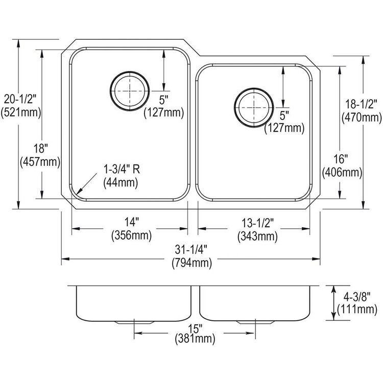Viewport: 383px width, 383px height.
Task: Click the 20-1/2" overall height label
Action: [20, 100]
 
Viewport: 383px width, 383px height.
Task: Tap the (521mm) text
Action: [21, 113]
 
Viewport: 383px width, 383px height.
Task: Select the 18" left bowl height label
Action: [40, 148]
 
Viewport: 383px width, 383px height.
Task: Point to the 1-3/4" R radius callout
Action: [122, 169]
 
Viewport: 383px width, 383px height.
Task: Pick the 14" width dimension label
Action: [132, 222]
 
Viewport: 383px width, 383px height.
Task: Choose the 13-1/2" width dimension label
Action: [258, 223]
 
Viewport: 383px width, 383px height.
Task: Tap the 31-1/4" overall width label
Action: [191, 250]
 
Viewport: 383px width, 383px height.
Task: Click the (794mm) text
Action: [192, 263]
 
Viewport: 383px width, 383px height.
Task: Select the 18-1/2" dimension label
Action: [361, 104]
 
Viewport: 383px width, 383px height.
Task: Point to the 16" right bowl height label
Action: [341, 159]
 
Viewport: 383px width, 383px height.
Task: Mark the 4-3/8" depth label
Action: [357, 297]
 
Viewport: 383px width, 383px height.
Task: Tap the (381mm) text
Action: [195, 339]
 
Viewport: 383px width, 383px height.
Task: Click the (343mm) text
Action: [257, 236]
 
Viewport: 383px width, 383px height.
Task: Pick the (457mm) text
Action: [40, 162]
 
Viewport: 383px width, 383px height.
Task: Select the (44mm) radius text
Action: [121, 183]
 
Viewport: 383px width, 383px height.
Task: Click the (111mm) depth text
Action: [357, 309]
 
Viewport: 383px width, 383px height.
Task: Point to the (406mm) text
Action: [342, 173]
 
